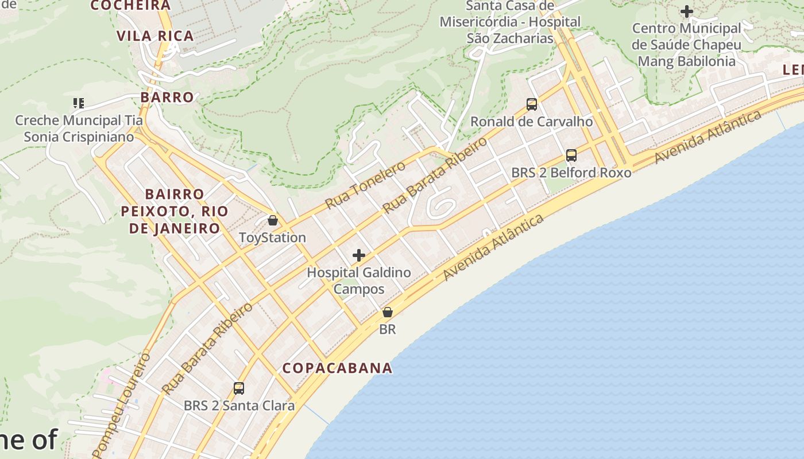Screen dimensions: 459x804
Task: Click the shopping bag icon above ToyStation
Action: [273, 220]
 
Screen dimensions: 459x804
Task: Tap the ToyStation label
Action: [272, 238]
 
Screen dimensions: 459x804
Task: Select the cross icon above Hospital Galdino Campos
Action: [359, 255]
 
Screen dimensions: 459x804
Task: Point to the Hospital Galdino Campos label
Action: [359, 281]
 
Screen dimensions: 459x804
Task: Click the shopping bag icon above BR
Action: [388, 312]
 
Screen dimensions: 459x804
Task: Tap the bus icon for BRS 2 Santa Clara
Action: [239, 388]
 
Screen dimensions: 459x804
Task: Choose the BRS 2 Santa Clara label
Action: [239, 406]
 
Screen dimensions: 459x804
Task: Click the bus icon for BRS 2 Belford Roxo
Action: [571, 155]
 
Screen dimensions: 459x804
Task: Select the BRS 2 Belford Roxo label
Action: [571, 173]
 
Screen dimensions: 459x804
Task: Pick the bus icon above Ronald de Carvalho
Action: [532, 104]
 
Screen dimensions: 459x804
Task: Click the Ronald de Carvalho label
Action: [531, 122]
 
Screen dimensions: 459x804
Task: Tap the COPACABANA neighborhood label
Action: [338, 368]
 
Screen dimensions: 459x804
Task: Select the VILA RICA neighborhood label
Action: [155, 36]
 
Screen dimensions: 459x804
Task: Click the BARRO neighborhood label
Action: [167, 97]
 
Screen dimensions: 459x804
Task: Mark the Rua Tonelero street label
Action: [365, 185]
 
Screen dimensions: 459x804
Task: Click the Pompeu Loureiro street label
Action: [121, 404]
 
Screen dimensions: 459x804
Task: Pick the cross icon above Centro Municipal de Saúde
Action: [686, 11]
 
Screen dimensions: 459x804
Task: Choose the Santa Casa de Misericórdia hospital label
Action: [510, 22]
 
